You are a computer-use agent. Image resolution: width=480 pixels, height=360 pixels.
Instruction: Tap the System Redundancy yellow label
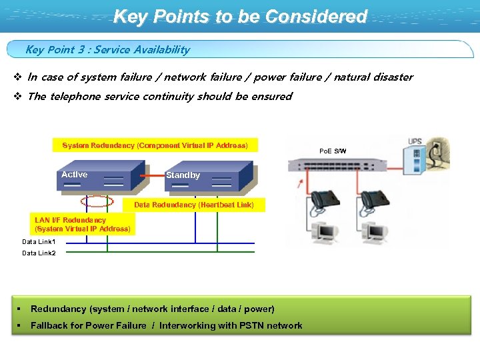pyautogui.click(x=155, y=145)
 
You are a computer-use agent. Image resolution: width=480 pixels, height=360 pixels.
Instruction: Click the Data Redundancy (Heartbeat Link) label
pyautogui.click(x=194, y=205)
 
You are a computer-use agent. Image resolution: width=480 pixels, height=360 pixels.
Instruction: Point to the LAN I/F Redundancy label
pyautogui.click(x=83, y=224)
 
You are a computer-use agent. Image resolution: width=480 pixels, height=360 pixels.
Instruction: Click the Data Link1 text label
pyautogui.click(x=39, y=242)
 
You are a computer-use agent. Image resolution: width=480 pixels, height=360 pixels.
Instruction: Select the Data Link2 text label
pyautogui.click(x=39, y=253)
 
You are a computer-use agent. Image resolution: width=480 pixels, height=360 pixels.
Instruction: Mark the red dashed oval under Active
pyautogui.click(x=97, y=201)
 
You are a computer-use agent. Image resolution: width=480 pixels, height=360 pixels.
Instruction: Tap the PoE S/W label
pyautogui.click(x=333, y=151)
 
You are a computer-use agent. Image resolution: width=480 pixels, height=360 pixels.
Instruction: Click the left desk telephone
pyautogui.click(x=327, y=200)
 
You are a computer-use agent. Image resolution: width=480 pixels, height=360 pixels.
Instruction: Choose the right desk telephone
pyautogui.click(x=375, y=200)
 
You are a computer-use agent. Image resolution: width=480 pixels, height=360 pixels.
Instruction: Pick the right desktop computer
pyautogui.click(x=373, y=232)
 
